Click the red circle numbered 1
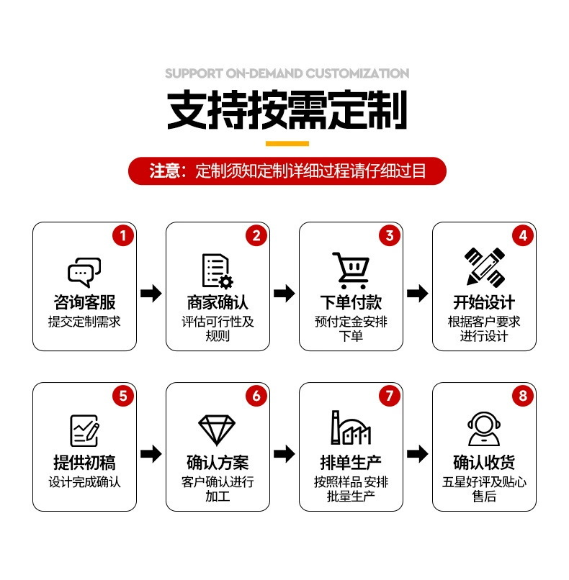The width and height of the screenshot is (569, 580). tap(123, 235)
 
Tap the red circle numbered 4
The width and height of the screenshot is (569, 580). tap(523, 235)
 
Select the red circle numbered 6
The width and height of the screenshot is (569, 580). tap(256, 395)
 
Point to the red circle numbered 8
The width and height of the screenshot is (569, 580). tap(523, 395)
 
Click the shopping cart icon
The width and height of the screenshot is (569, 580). tap(351, 271)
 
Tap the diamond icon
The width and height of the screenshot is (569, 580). tap(218, 430)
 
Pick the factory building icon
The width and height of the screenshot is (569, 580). tap(351, 428)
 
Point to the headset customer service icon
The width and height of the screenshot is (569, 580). tap(484, 429)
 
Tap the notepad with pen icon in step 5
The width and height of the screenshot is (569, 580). tap(84, 430)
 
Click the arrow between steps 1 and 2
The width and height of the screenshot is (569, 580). tap(151, 293)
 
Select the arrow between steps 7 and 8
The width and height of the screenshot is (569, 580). tap(417, 453)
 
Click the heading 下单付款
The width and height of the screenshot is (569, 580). tap(351, 302)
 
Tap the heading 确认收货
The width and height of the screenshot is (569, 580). tap(484, 462)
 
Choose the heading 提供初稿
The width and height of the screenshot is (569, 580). tap(84, 462)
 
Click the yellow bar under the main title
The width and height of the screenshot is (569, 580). tap(287, 143)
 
